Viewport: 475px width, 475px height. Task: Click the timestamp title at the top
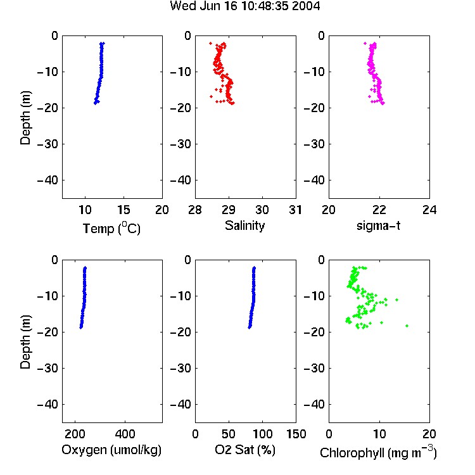tap(244, 6)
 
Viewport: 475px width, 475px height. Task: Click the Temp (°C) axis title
tap(111, 228)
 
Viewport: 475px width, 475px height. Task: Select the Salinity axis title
tap(244, 225)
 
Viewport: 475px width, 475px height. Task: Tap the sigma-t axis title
tap(378, 225)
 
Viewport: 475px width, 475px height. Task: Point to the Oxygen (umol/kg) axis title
tap(111, 450)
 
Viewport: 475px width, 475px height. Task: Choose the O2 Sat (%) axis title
tap(244, 450)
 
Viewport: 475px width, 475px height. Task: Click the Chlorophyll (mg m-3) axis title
tap(378, 452)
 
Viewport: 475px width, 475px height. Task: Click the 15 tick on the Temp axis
tap(123, 210)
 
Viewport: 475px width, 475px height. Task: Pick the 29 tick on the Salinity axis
tap(229, 210)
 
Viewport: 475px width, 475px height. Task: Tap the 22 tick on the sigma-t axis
tap(379, 210)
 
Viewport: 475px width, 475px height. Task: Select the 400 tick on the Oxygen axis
tap(125, 434)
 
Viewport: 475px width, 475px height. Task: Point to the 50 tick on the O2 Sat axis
tap(229, 434)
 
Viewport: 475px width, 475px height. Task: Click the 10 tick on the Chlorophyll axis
tap(379, 434)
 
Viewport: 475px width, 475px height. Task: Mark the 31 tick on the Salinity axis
tap(295, 210)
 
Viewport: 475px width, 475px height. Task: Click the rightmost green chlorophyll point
tap(407, 326)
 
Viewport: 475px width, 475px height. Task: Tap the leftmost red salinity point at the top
tap(210, 44)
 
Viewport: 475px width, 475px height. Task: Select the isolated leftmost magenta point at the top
tap(365, 44)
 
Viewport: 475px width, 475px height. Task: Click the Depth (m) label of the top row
tap(25, 118)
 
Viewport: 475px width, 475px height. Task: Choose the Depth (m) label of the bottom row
tap(25, 342)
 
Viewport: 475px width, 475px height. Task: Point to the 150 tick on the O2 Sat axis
tap(296, 434)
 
